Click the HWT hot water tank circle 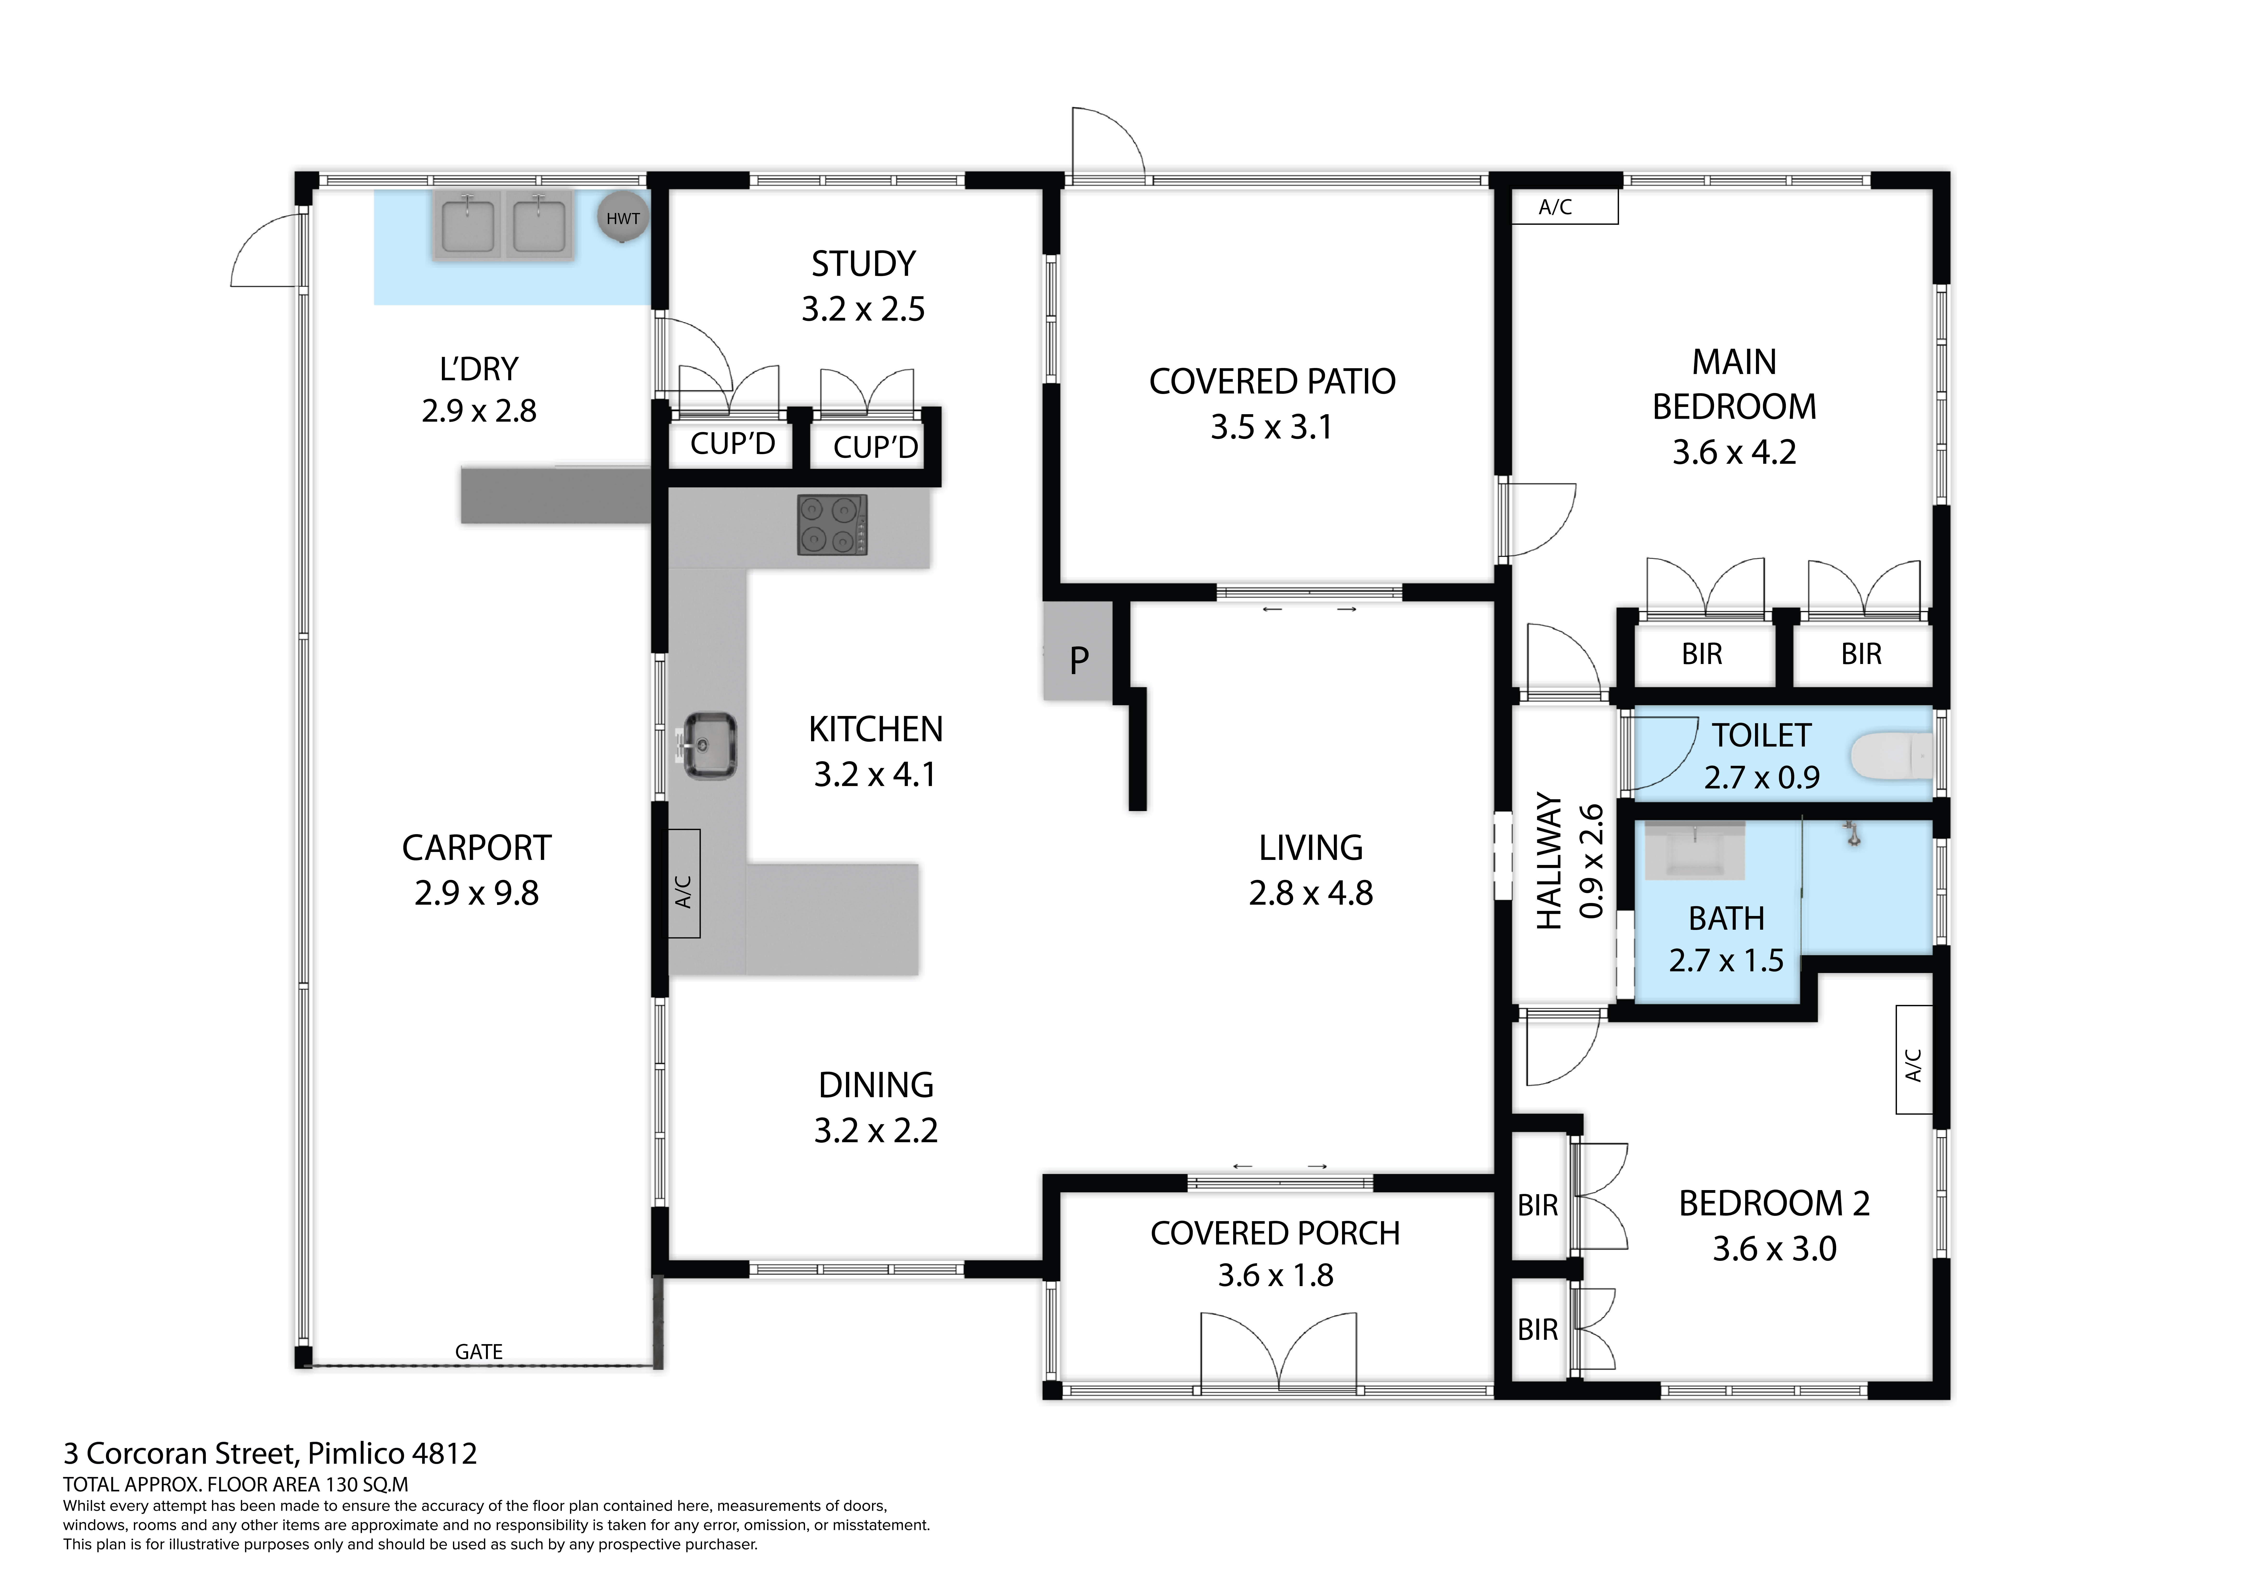(623, 218)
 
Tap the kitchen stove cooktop (832, 525)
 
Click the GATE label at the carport (479, 1352)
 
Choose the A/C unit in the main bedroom (1564, 207)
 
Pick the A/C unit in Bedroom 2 (1913, 1059)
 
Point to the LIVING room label (1311, 847)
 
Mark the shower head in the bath (1853, 834)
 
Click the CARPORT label (477, 847)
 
